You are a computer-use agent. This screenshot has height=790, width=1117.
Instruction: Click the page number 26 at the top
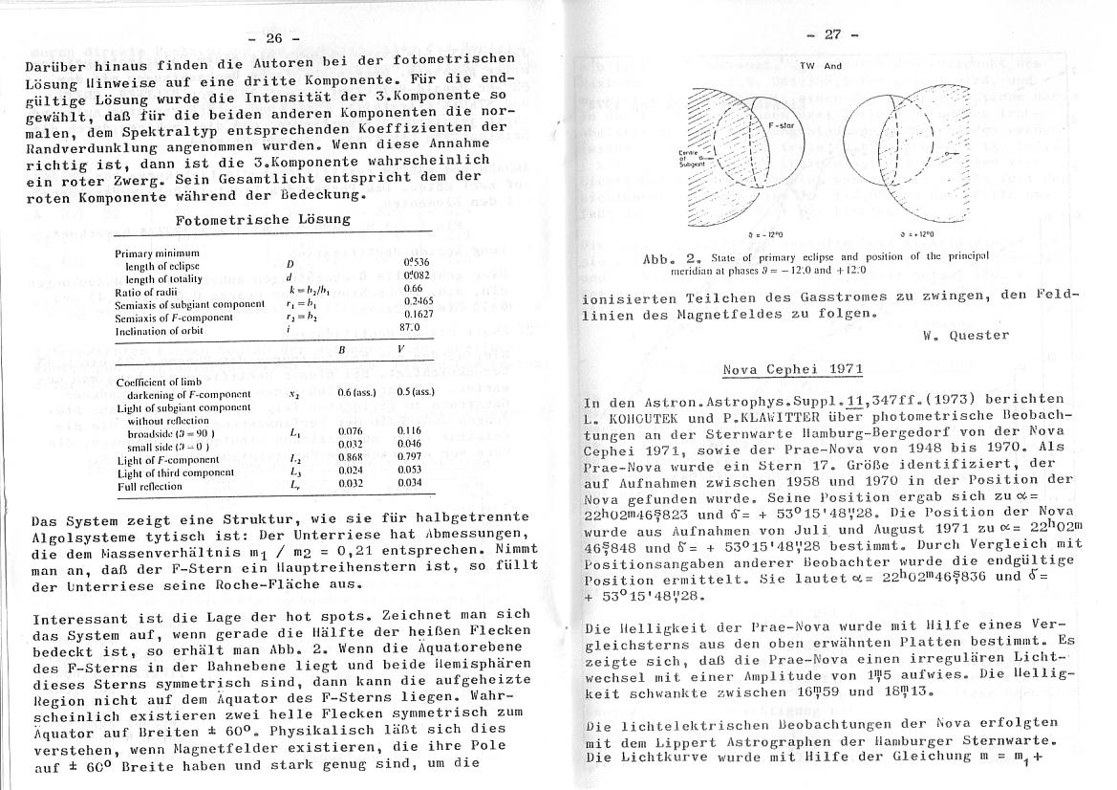(x=275, y=38)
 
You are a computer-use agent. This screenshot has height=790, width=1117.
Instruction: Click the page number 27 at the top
(x=832, y=33)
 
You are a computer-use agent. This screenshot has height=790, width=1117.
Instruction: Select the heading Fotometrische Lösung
(x=263, y=220)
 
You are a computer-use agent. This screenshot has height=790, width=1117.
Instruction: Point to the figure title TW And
(x=820, y=66)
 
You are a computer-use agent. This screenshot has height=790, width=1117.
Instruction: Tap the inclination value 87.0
(x=412, y=328)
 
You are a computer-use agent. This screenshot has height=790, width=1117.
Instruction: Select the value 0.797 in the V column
(x=409, y=460)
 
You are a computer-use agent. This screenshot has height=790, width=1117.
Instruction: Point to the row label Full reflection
(x=150, y=486)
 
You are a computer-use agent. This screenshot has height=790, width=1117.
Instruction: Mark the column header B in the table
(x=341, y=350)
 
